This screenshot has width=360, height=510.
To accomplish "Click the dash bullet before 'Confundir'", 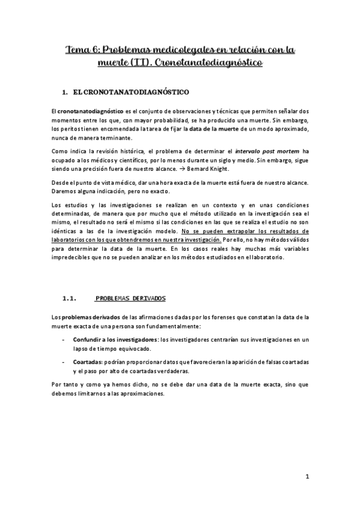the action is point(65,340).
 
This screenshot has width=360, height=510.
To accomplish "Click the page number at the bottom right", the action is point(307,478).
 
